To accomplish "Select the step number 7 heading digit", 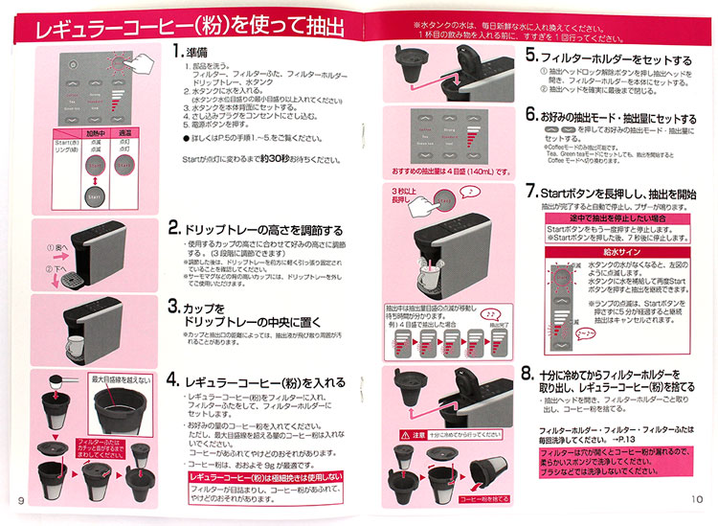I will click(531, 193).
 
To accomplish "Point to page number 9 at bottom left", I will click(21, 499).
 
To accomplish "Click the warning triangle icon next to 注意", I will click(406, 434).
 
